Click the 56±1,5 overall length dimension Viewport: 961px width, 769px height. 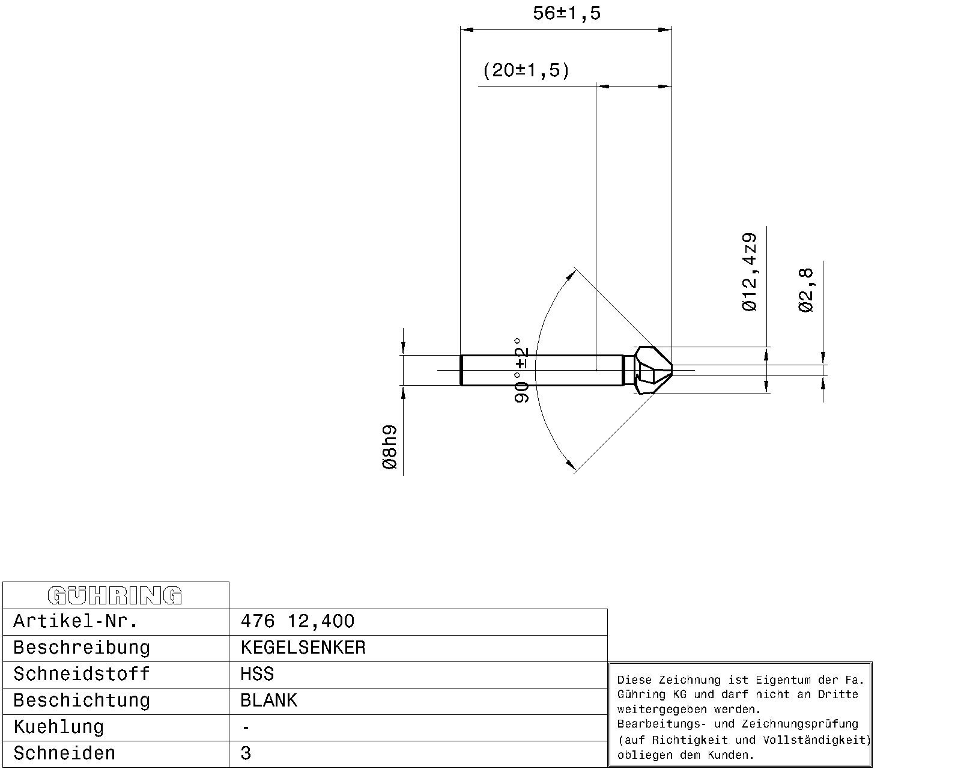[566, 13]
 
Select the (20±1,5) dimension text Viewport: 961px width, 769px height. [526, 71]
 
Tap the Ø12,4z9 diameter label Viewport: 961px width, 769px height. [750, 272]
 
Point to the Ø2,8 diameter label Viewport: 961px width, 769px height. [806, 290]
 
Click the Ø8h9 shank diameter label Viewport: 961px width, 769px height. [389, 447]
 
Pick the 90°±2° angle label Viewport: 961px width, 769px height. [521, 371]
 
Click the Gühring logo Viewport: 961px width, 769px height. [115, 595]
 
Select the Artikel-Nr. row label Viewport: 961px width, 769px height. [76, 621]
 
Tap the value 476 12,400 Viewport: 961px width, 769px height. [297, 621]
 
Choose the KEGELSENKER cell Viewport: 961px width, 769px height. [303, 648]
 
